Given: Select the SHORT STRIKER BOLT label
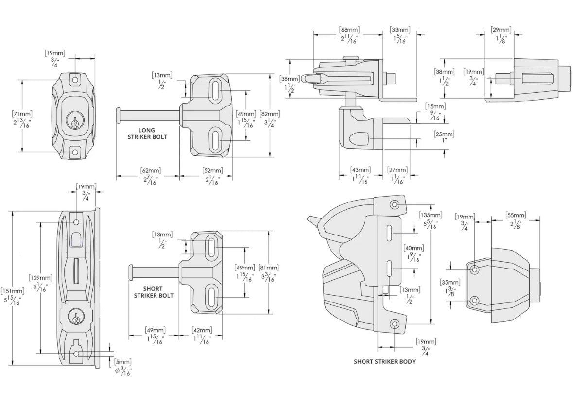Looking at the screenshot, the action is tap(154, 292).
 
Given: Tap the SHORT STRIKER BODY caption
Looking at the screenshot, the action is tap(384, 362).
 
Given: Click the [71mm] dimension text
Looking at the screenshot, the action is tap(22, 114).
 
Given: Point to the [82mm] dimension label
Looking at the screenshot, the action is tap(270, 114).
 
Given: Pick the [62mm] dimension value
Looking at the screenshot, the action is tap(151, 170).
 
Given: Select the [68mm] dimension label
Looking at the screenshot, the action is tap(349, 30).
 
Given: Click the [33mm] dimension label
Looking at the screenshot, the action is tap(400, 30).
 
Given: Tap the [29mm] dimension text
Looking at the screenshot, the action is tap(501, 30).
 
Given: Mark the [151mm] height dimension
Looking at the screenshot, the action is tap(13, 291).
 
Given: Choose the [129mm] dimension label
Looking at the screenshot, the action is tap(40, 278).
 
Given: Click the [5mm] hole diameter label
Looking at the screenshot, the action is tap(123, 362).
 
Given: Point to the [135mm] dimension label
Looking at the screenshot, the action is tap(431, 215).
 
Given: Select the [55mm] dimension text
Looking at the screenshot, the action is tap(516, 215).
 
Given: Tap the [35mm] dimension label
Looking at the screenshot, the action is tap(450, 282).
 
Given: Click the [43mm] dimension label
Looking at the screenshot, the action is tap(361, 170).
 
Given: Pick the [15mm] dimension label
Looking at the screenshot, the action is tap(435, 106).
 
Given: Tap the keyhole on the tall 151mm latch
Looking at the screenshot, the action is tap(76, 317).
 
